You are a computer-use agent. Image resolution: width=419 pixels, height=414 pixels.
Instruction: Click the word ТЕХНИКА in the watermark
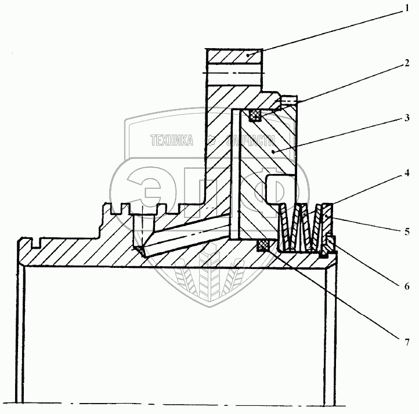(172, 140)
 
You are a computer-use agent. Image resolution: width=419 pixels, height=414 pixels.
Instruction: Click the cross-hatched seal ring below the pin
(256, 115)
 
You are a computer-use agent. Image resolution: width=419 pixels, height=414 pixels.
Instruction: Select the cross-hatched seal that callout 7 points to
(263, 245)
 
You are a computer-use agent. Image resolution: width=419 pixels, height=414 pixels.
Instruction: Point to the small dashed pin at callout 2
(287, 102)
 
